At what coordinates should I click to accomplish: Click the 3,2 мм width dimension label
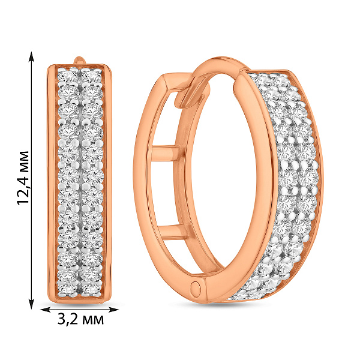click(x=80, y=319)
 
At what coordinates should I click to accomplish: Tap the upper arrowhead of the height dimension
click(x=31, y=57)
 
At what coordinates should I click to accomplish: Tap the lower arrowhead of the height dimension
click(x=31, y=304)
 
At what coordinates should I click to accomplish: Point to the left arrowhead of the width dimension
click(x=45, y=310)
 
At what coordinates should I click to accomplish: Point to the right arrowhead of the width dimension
click(x=113, y=310)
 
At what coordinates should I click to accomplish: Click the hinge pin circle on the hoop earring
click(x=196, y=287)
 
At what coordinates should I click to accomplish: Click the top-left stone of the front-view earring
click(x=68, y=75)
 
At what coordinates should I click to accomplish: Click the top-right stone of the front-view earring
click(x=92, y=75)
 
